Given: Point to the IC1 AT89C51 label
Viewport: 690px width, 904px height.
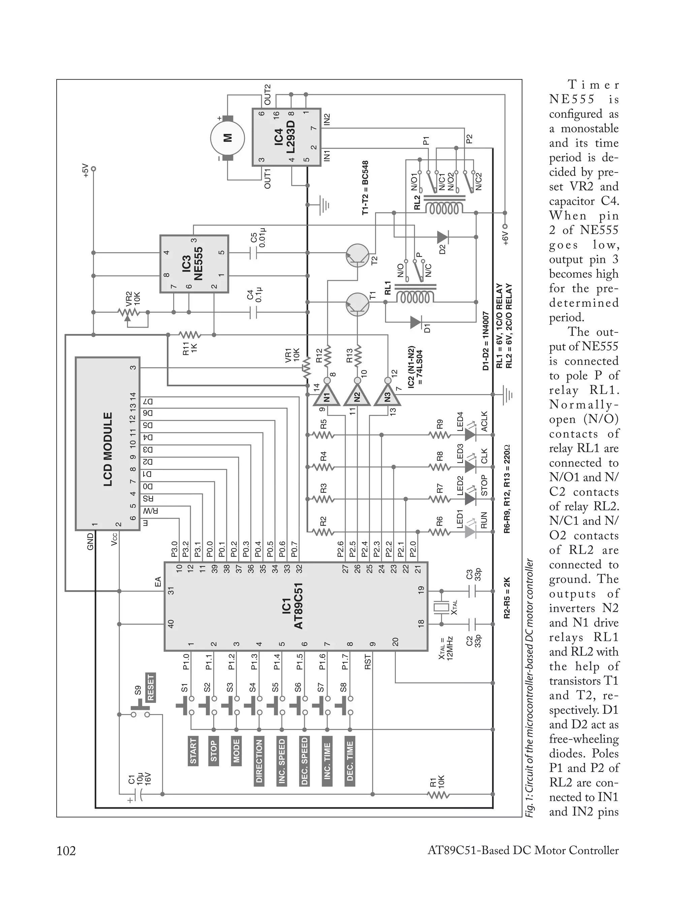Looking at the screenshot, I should [x=292, y=606].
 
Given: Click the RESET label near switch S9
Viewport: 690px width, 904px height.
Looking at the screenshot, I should [x=151, y=687].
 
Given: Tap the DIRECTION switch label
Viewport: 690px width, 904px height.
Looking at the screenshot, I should [x=259, y=762].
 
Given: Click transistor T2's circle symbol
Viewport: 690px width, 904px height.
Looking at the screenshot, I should [x=357, y=256].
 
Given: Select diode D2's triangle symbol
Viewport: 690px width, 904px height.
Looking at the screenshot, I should [x=442, y=237].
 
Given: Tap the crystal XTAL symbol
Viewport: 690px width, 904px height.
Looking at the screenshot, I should [x=441, y=608].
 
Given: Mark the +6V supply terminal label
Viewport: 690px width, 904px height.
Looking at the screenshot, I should [x=506, y=237].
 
